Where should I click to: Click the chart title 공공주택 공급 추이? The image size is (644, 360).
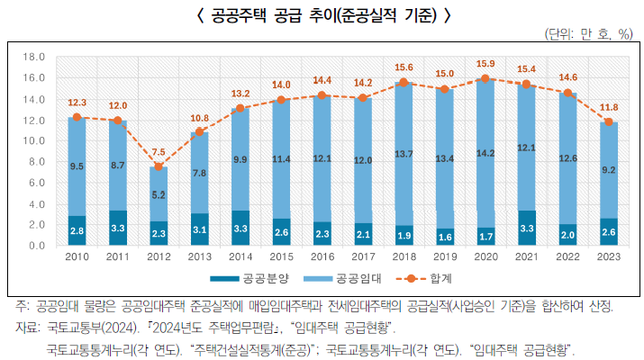[322, 15]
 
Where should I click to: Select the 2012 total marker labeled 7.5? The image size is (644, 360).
[159, 166]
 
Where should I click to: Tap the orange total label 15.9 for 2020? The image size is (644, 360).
[485, 63]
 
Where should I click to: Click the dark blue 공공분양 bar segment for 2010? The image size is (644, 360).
[77, 230]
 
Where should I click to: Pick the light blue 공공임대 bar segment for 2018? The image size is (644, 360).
[404, 154]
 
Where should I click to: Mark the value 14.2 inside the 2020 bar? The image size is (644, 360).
[485, 153]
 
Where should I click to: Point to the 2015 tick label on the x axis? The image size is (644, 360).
[281, 258]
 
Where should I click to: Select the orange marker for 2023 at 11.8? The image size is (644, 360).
[608, 121]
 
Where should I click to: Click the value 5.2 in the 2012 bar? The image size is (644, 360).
[159, 193]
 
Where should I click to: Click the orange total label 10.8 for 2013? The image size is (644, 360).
[199, 118]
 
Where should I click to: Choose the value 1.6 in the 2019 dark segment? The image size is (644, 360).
[445, 236]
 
